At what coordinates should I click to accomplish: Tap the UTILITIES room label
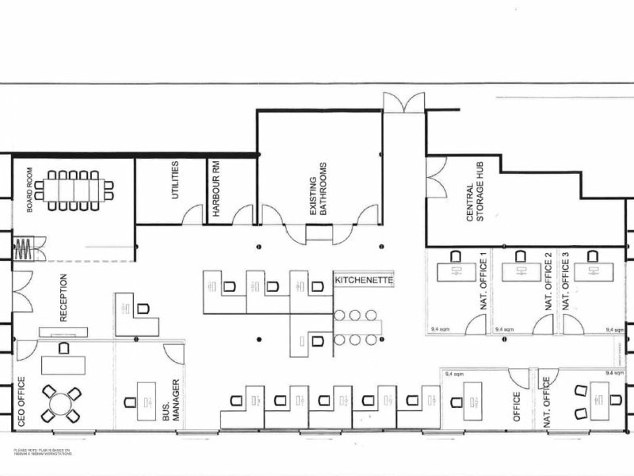tap(174, 181)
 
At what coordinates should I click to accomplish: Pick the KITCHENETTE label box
tap(364, 280)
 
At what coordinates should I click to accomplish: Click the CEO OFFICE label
tap(21, 401)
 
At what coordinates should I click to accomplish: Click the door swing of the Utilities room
tap(193, 215)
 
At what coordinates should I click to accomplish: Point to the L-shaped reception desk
tap(135, 314)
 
